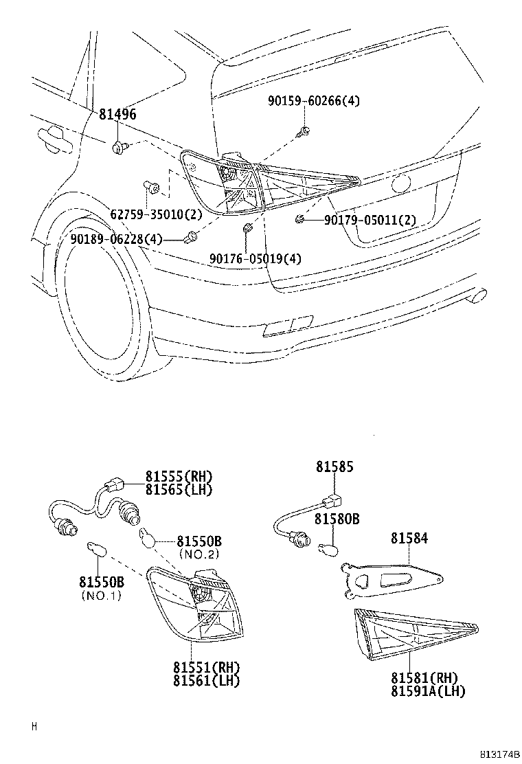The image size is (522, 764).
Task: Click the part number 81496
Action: (117, 114)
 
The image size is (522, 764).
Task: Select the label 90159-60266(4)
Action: (313, 101)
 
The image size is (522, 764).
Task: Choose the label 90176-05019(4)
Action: (256, 258)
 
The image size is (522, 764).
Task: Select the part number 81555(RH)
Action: (178, 477)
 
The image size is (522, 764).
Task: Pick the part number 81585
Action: (334, 467)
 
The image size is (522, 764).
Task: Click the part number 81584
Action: (409, 538)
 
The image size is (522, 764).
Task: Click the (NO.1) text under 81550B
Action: (100, 595)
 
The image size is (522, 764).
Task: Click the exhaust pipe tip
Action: (478, 295)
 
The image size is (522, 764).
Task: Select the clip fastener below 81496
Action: (120, 145)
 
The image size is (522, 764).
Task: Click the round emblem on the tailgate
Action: (400, 183)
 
